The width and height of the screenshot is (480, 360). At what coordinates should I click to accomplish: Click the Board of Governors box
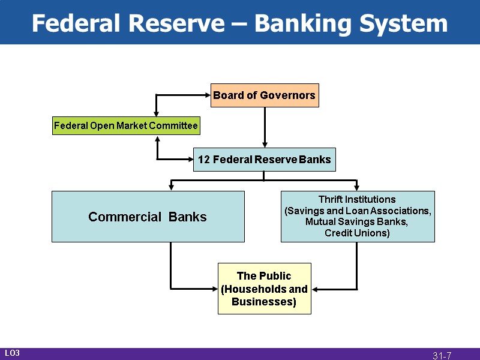(x=264, y=95)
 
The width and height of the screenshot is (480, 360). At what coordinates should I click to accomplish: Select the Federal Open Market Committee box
(x=126, y=126)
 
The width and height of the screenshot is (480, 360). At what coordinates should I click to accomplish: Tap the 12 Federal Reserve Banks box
(x=264, y=160)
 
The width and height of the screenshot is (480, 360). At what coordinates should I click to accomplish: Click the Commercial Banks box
(x=148, y=217)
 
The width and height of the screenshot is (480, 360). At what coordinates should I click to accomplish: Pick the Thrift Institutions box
(x=358, y=217)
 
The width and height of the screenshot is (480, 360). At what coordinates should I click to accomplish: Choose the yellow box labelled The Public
(x=264, y=289)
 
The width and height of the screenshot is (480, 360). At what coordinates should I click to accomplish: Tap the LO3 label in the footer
(x=13, y=353)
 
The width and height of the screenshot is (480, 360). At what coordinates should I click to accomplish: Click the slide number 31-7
(x=442, y=356)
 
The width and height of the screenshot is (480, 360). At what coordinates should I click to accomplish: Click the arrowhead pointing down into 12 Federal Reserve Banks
(x=264, y=145)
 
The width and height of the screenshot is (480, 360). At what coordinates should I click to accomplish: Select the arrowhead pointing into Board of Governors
(x=207, y=95)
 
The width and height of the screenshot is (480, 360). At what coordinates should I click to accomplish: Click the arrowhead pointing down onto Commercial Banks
(x=171, y=188)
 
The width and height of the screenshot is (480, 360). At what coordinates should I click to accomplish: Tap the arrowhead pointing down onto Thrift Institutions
(x=357, y=188)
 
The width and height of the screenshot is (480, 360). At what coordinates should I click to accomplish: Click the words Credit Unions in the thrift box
(x=357, y=233)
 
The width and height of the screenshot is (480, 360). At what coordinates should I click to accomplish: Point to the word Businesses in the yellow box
(x=264, y=302)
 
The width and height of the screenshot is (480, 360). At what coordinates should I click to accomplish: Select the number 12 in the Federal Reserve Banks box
(x=203, y=160)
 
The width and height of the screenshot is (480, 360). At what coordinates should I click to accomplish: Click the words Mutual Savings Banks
(x=357, y=222)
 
